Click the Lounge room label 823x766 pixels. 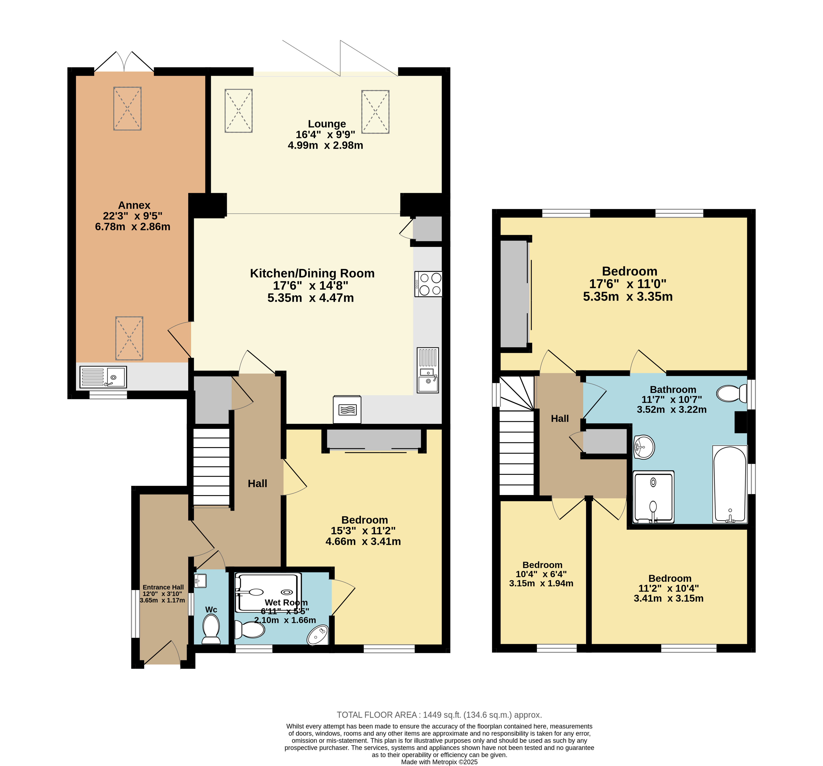(327, 124)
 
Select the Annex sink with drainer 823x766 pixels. (103, 377)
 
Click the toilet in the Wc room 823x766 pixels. (211, 629)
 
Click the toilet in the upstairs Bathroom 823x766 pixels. (731, 393)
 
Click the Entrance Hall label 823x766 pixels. (163, 587)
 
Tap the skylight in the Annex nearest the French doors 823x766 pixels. (127, 108)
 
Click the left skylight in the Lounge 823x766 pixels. (238, 111)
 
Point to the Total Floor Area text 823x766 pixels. (439, 715)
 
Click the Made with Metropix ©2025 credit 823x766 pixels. (439, 762)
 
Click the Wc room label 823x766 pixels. (211, 609)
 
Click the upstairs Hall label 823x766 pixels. (560, 419)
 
